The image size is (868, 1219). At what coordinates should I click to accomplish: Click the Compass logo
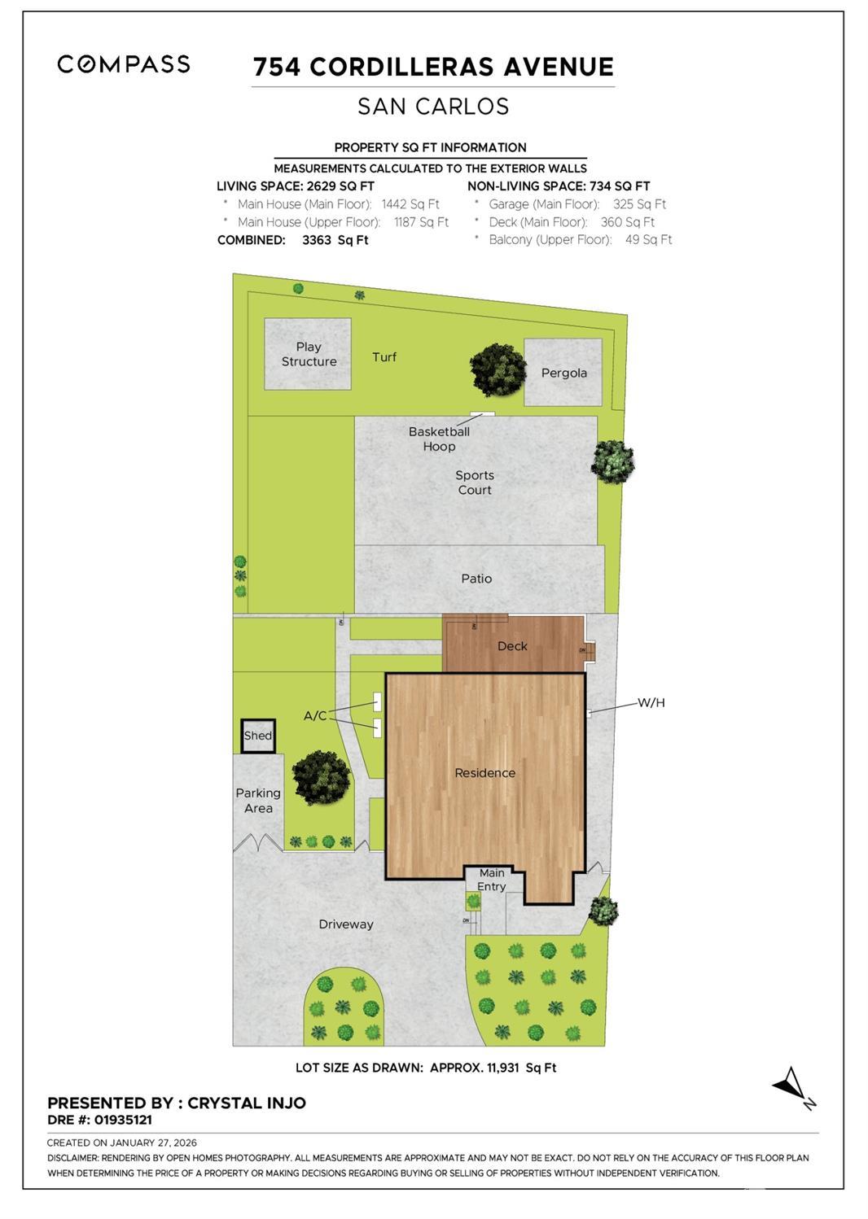pos(124,64)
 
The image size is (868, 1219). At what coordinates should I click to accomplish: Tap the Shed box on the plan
pos(258,736)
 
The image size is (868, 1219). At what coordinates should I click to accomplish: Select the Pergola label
pos(564,373)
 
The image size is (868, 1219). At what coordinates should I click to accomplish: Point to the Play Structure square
pos(308,354)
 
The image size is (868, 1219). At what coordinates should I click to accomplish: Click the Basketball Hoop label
pos(439,439)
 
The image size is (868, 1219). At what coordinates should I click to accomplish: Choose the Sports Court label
pos(475,483)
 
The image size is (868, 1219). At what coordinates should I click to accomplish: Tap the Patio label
pos(476,579)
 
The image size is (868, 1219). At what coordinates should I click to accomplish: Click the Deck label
pos(512,646)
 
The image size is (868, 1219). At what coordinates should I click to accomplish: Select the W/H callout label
pos(651,702)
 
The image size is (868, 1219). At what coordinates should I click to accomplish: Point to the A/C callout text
pos(315,715)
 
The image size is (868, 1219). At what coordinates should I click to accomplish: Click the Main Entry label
pos(492,880)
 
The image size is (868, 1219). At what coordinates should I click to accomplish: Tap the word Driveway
pos(346,924)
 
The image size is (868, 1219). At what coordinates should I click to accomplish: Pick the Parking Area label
pos(258,801)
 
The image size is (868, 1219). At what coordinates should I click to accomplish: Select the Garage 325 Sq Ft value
pos(639,204)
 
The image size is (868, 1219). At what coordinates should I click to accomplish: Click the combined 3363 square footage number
pos(317,240)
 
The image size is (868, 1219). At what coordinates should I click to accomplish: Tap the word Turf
pos(384,357)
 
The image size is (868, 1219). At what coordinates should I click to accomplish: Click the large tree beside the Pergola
pos(498,370)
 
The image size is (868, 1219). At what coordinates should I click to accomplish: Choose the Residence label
pos(484,773)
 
